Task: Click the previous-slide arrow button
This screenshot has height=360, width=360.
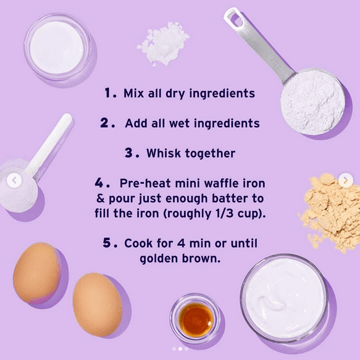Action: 14,180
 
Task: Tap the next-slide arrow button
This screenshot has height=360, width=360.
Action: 346,180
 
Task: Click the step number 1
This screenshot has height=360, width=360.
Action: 108,93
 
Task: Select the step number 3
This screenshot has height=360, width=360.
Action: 129,153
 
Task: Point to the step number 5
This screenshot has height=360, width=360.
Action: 107,243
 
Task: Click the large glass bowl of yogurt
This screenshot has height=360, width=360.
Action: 284,298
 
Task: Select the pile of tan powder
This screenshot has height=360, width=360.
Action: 330,212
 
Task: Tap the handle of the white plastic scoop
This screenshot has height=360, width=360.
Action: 49,144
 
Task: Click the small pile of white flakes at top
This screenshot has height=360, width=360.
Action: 164,44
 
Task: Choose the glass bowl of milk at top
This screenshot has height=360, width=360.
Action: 57,47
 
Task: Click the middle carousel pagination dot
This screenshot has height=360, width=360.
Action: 180,349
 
